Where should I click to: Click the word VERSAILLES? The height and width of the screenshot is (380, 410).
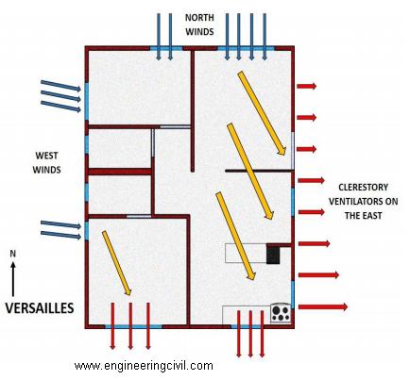click(40, 308)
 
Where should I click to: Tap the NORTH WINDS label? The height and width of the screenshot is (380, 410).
click(199, 25)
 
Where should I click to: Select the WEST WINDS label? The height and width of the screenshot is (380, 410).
click(46, 162)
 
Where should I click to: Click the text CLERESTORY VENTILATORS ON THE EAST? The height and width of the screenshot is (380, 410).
click(363, 202)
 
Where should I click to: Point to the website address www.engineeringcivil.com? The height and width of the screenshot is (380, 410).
click(144, 366)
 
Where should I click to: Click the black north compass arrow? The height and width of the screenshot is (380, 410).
click(13, 279)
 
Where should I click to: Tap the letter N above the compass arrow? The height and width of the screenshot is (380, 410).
click(13, 254)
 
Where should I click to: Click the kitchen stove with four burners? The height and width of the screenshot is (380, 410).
click(281, 313)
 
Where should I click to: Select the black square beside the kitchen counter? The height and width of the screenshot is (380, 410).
click(273, 254)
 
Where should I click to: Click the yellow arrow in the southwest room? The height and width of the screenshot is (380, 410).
click(116, 263)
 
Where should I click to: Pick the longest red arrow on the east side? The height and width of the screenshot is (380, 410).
click(323, 306)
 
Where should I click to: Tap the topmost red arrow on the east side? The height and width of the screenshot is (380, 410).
click(307, 86)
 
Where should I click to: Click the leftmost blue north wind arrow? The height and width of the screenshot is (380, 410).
click(159, 37)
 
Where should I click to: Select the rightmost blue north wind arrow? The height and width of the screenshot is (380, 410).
click(265, 37)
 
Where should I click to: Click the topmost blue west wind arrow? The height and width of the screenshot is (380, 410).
click(60, 86)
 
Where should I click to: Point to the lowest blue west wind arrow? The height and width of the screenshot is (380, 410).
click(60, 235)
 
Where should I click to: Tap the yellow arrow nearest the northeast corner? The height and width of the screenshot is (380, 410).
click(262, 113)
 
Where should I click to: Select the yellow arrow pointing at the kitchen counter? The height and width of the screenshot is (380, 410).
click(235, 236)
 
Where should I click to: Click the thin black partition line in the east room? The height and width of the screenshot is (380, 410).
click(259, 171)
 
